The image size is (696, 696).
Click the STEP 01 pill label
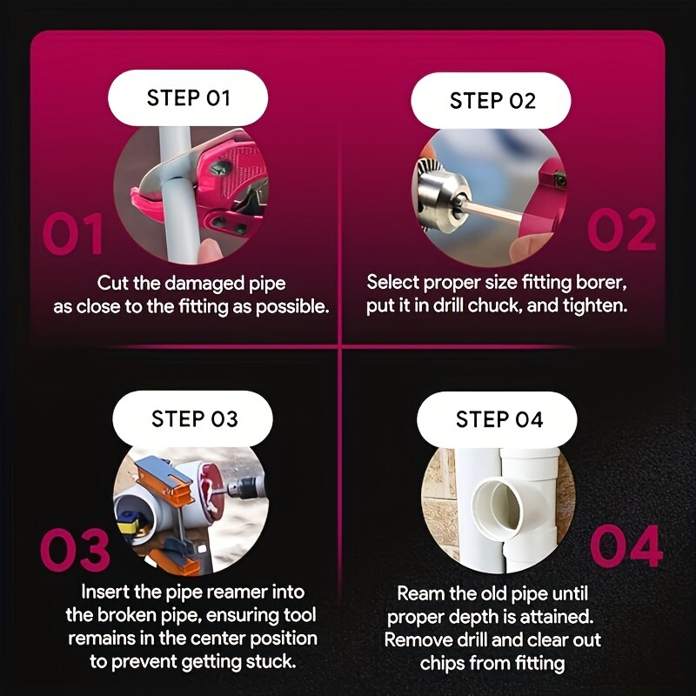[x=188, y=97]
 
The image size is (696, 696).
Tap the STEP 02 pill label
[x=491, y=100]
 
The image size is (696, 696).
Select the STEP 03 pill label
[x=192, y=418]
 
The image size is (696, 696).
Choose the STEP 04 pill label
[x=497, y=419]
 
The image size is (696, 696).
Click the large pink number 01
[x=73, y=233]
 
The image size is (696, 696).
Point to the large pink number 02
[x=621, y=230]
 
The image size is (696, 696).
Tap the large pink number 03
[x=75, y=549]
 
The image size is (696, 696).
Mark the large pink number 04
[x=626, y=546]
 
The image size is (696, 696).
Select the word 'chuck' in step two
[x=493, y=305]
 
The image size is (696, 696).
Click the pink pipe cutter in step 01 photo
[x=213, y=182]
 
